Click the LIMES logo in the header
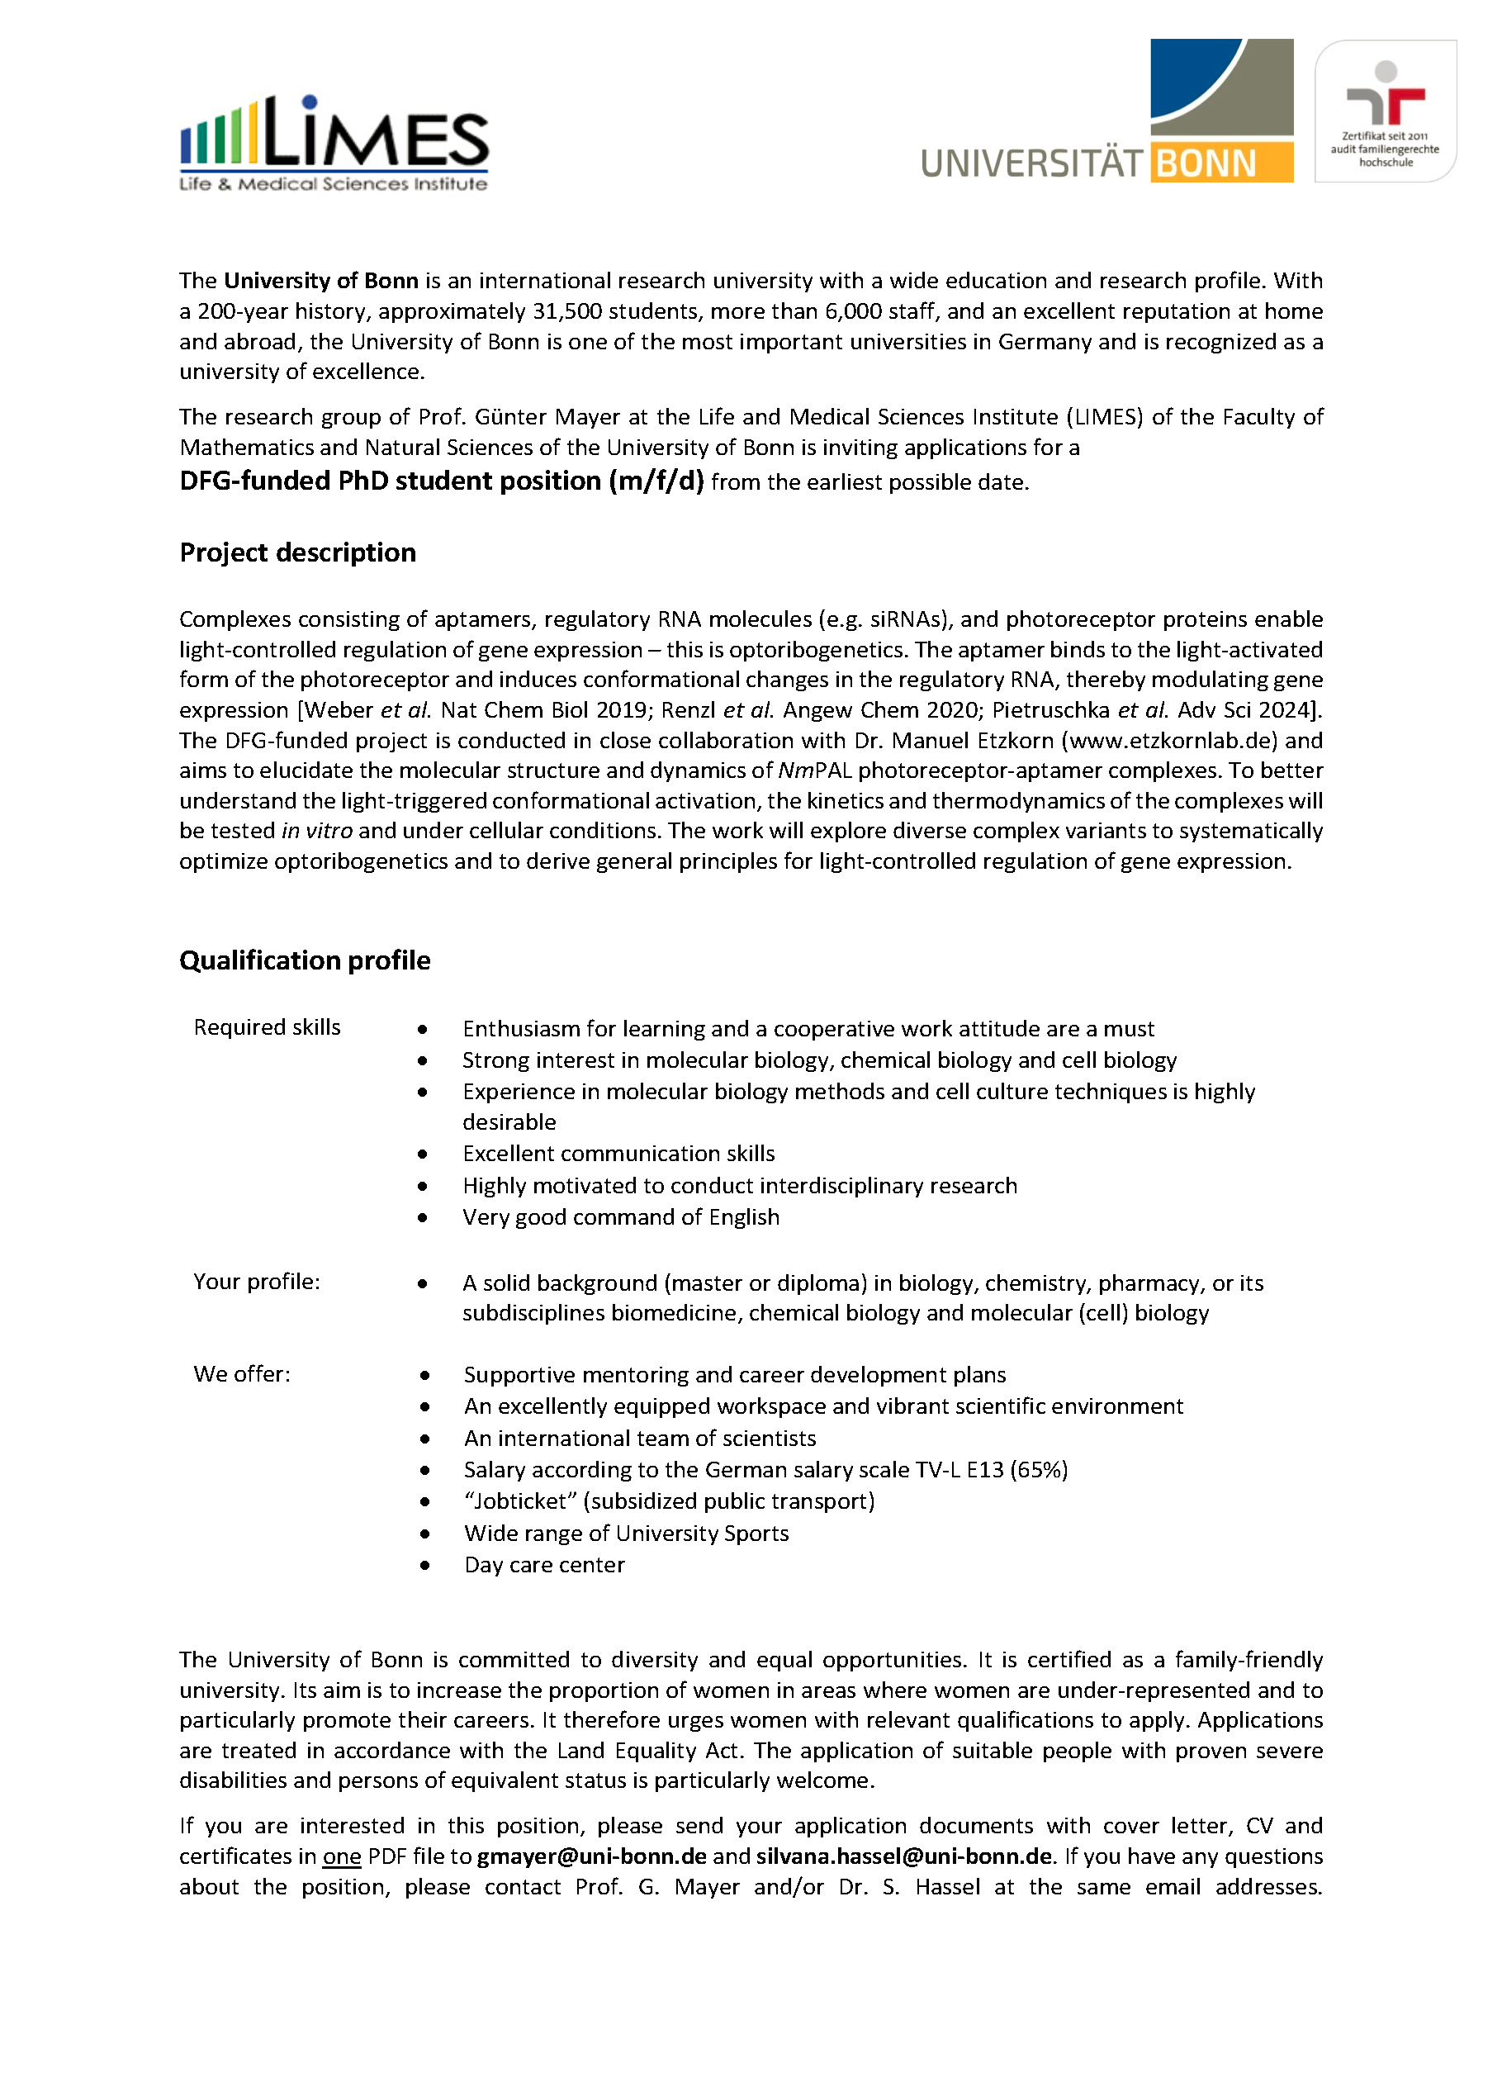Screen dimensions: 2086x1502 [334, 143]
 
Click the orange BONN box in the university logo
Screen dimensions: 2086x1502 [1220, 163]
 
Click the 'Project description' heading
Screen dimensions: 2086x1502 [297, 552]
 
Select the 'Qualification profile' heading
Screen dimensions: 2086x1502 [305, 960]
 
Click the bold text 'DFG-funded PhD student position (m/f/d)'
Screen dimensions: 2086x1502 [442, 481]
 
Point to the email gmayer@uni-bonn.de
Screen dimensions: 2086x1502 [590, 1856]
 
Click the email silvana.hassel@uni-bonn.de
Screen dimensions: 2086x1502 [903, 1856]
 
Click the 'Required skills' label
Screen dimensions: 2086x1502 [267, 1026]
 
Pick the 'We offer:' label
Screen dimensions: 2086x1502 [242, 1373]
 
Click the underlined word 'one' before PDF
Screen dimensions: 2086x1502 [341, 1856]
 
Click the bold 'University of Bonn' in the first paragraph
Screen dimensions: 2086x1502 [321, 281]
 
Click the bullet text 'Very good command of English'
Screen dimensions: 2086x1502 [621, 1217]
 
